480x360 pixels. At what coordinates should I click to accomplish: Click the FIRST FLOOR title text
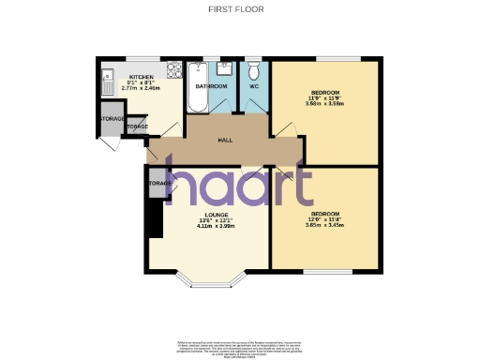(240, 10)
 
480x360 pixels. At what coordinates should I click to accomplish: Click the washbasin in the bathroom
(225, 67)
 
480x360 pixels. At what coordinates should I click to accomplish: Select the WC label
(253, 86)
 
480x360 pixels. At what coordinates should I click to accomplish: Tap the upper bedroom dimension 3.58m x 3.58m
(324, 103)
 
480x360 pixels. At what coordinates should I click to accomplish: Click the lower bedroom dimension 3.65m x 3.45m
(324, 226)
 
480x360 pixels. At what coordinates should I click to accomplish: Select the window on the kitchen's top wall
(136, 60)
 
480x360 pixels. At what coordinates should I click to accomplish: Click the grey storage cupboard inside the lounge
(158, 183)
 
